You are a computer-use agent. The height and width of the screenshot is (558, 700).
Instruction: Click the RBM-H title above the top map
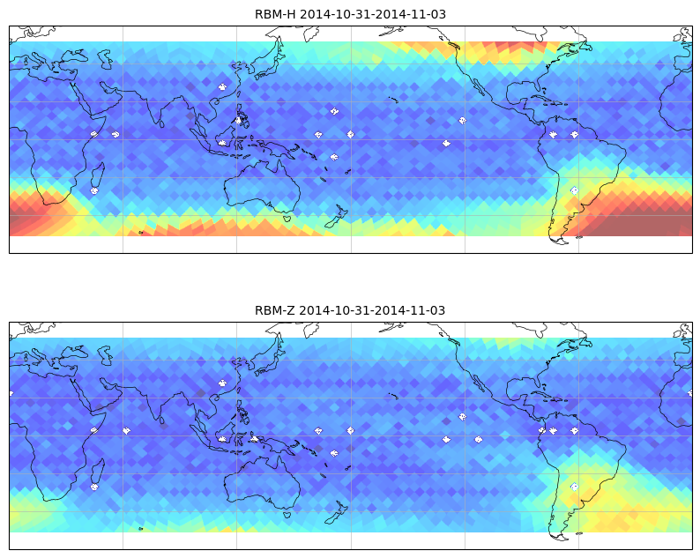click(x=350, y=14)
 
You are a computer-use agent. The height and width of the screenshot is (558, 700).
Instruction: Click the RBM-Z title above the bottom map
click(x=350, y=310)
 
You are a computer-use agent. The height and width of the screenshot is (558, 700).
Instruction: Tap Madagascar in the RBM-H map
click(x=98, y=176)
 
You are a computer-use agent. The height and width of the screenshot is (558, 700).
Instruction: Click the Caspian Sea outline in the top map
click(x=106, y=59)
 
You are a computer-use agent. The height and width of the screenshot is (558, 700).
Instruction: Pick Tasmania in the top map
click(x=287, y=219)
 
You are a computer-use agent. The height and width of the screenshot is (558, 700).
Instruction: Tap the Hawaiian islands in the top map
click(x=393, y=100)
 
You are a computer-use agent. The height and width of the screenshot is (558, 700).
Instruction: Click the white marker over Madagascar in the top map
click(x=94, y=190)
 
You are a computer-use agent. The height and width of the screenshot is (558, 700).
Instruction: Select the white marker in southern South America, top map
click(x=575, y=190)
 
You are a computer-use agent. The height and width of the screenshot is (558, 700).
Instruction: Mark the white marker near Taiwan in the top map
click(x=222, y=87)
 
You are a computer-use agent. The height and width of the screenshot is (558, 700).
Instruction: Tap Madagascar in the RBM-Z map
click(x=98, y=472)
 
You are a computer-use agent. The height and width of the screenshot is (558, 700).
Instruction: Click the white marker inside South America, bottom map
click(x=575, y=487)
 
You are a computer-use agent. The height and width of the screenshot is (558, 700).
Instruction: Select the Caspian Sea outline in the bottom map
click(x=106, y=355)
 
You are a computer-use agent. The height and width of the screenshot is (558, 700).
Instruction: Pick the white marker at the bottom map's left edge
click(x=11, y=393)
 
